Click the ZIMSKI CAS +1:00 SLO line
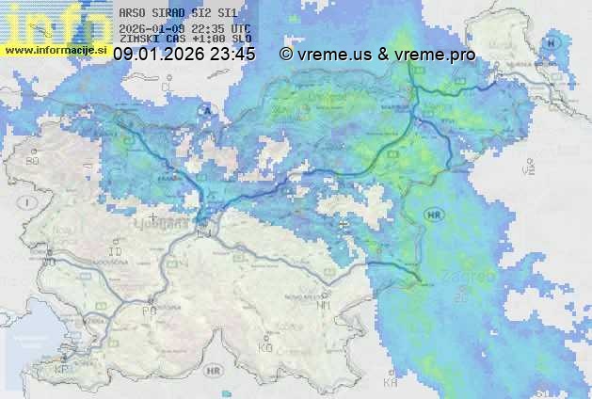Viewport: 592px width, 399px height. coord(184,39)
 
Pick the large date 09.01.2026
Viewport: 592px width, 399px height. coord(158,55)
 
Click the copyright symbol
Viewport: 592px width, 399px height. coord(285,55)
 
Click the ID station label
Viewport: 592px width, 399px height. coord(117,253)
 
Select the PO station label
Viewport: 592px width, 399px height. coord(149,311)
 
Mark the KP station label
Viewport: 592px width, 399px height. coord(62,370)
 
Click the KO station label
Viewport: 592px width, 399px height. coord(264,348)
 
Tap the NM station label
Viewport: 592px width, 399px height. coord(323,305)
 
